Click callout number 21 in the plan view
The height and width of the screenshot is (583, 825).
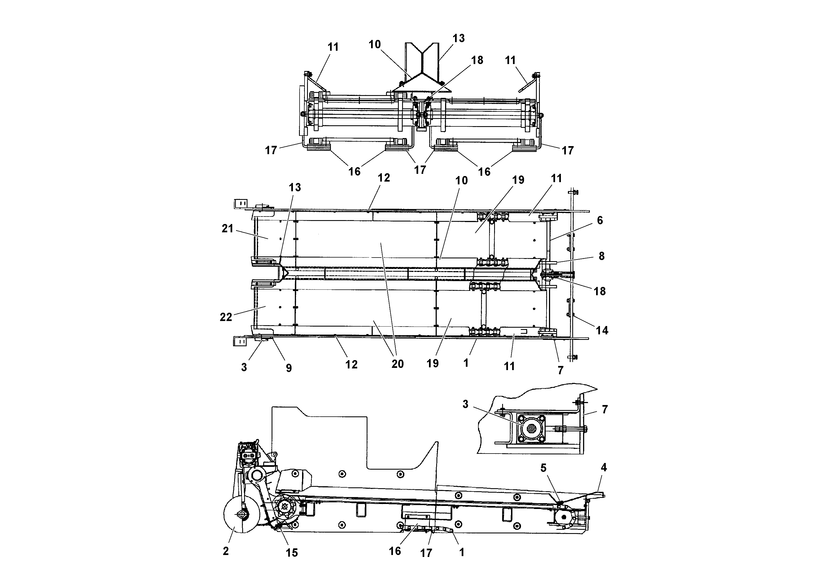coord(228,229)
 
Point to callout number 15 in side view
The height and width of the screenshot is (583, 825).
coord(292,553)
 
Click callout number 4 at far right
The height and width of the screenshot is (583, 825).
coord(604,468)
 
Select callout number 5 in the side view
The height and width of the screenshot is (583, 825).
coord(543,468)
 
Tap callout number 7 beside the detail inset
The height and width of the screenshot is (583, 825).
coord(605,409)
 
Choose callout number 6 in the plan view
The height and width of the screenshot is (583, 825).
coord(600,220)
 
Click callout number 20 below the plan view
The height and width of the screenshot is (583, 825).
coord(397,364)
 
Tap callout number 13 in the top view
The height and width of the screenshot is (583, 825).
coord(458,38)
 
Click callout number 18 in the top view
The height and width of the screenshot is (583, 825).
coord(477,60)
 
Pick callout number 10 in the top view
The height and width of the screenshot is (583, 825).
coord(374,45)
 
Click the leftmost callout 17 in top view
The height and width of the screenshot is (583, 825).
coord(271,150)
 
